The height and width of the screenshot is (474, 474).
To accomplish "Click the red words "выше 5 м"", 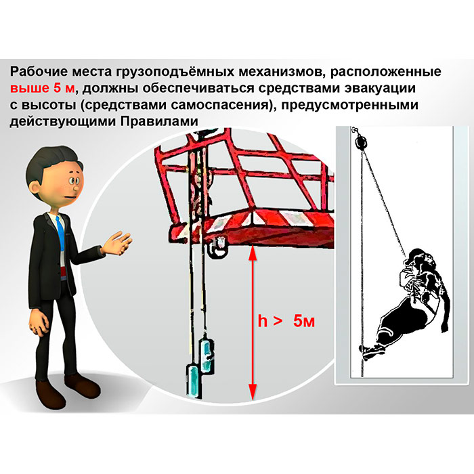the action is tap(42, 88).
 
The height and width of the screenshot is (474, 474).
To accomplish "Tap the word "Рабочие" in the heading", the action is tap(39, 72).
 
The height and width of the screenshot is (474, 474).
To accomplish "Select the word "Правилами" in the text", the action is tap(160, 121).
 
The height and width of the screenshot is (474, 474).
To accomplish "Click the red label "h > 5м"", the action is tap(286, 321).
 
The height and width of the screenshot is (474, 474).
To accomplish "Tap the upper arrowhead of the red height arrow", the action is tap(253, 253).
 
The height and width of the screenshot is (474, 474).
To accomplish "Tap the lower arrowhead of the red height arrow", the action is tap(253, 392).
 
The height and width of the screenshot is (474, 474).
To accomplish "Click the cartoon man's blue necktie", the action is tap(60, 233).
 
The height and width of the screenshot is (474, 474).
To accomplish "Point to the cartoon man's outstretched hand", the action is tap(118, 242).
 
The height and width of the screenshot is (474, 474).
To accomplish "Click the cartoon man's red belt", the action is tap(63, 272).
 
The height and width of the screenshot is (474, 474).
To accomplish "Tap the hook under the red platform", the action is tap(217, 248).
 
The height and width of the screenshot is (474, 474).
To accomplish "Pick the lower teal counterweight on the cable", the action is tap(192, 380).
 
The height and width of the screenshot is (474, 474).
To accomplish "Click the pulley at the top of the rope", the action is tap(360, 142).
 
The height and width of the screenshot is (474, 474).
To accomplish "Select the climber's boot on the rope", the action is tap(371, 351).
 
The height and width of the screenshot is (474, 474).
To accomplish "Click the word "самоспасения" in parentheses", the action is tap(219, 105).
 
